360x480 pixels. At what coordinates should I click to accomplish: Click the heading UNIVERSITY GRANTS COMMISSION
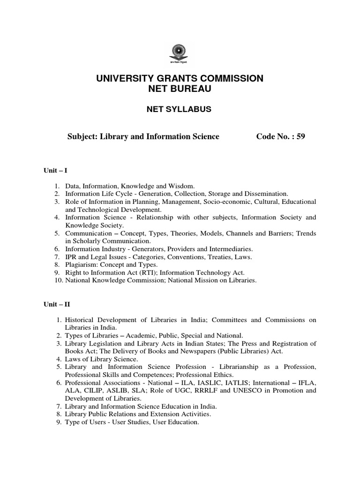click(x=180, y=78)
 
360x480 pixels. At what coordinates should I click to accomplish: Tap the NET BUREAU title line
click(x=180, y=89)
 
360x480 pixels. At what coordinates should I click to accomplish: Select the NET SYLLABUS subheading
click(x=180, y=109)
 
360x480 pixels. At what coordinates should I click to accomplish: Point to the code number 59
click(x=300, y=136)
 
